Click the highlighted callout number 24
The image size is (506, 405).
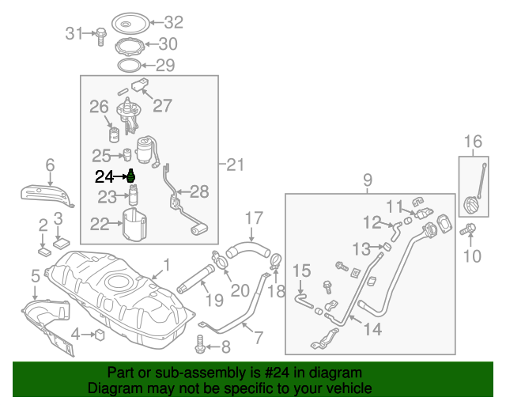[104, 176]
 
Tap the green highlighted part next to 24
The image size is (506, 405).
[131, 176]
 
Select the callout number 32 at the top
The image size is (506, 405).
[172, 22]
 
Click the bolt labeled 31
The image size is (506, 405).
[101, 35]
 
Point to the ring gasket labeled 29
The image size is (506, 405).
[128, 63]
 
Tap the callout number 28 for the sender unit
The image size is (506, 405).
[198, 191]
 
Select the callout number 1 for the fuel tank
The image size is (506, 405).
[166, 264]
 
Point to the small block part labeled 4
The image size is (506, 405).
[100, 335]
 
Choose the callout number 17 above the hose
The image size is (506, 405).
[252, 217]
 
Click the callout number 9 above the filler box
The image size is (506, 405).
[367, 181]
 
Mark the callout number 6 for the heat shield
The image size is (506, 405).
[50, 165]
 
